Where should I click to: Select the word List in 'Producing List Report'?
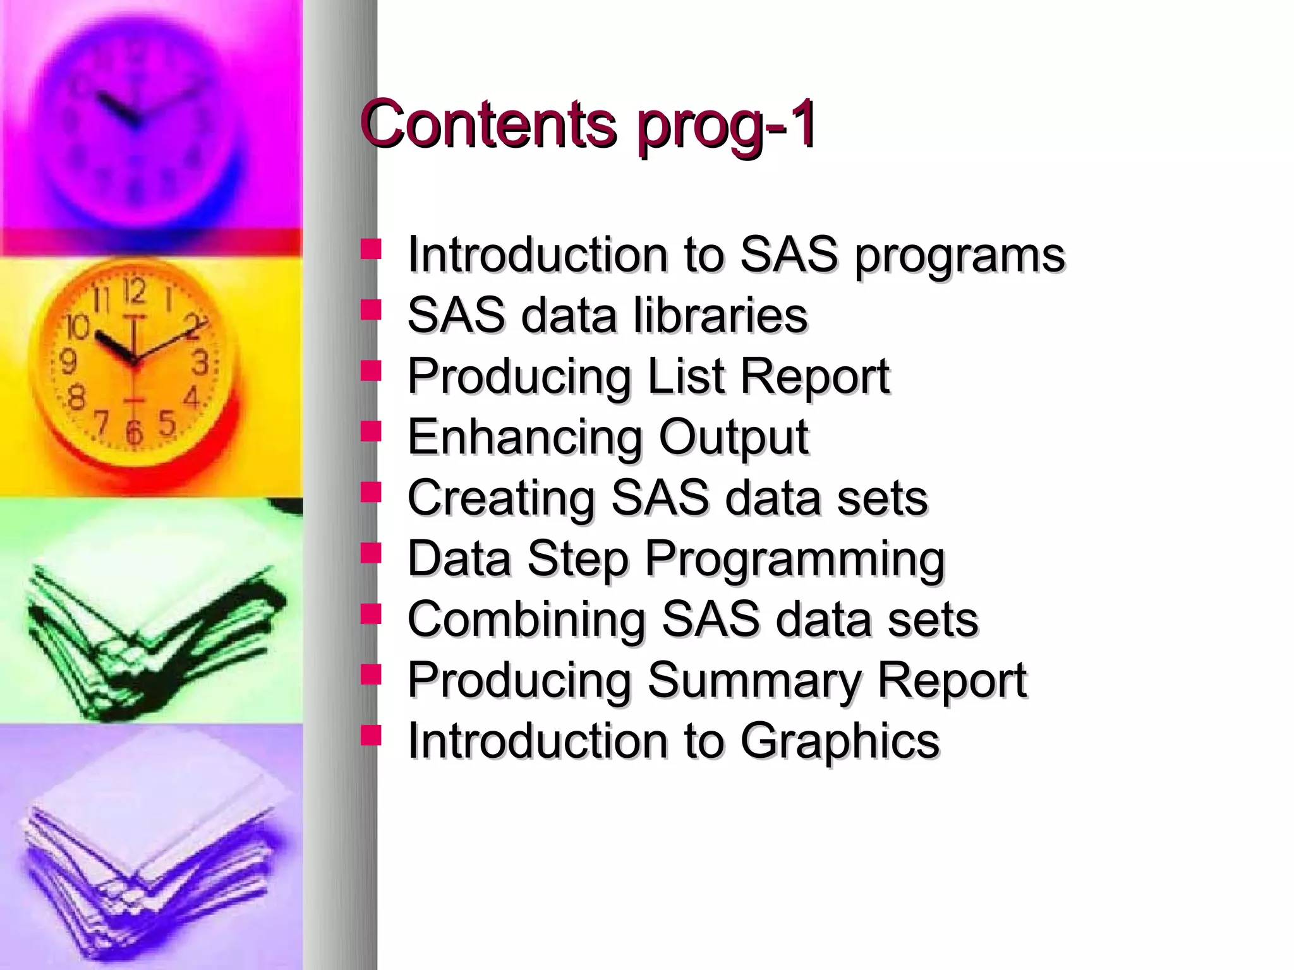[x=686, y=376]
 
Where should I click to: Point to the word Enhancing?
[x=525, y=438]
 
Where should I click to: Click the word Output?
[x=733, y=438]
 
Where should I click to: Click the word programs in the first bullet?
[x=960, y=255]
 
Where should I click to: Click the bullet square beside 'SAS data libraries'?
[x=371, y=310]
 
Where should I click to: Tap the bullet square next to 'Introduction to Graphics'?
[x=371, y=734]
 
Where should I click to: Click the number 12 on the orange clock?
[x=134, y=292]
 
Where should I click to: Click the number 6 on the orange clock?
[x=133, y=433]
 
